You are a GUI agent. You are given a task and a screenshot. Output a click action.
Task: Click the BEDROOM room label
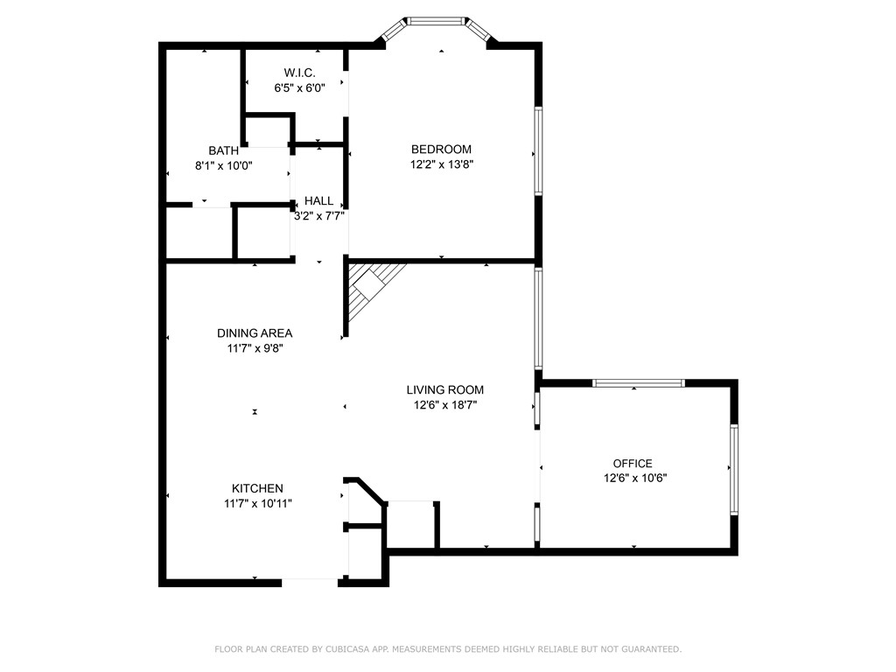point(441,150)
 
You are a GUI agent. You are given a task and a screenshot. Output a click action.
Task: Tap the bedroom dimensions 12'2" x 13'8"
point(441,164)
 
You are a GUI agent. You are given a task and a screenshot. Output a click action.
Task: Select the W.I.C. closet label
point(299,73)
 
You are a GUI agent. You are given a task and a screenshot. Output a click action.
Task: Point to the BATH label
point(223,150)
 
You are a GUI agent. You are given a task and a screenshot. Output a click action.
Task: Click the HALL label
point(318,201)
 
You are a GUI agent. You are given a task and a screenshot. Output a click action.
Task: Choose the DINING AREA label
point(255,333)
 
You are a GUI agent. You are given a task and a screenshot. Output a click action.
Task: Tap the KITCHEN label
point(257,488)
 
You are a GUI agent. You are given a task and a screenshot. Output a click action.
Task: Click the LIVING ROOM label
point(444,390)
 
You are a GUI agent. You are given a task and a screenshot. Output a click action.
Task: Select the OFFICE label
point(633,464)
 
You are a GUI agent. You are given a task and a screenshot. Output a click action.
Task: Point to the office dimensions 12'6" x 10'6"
point(635,478)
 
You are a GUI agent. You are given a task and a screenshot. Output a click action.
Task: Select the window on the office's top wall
point(639,382)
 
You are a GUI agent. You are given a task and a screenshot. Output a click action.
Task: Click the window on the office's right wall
point(734,469)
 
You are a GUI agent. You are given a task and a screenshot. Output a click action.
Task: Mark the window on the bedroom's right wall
point(538,150)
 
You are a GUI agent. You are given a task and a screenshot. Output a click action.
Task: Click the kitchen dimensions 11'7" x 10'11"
point(257,503)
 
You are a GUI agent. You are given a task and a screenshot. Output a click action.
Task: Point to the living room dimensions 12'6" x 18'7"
point(444,404)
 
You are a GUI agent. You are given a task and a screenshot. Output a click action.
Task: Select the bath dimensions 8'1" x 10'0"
point(223,164)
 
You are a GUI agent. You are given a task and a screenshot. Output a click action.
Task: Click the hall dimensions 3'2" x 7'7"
point(318,215)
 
